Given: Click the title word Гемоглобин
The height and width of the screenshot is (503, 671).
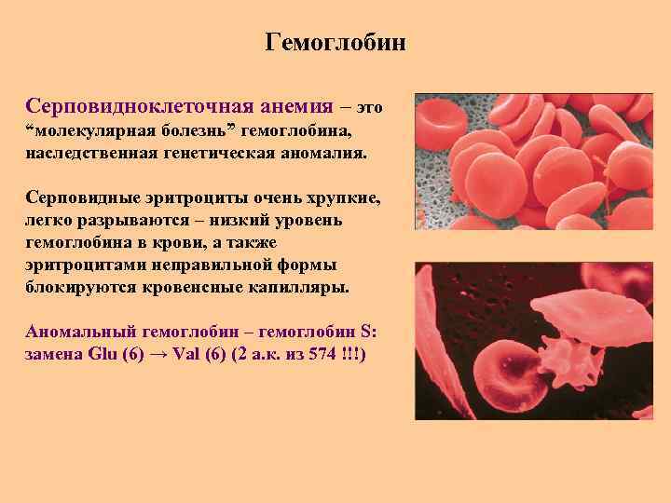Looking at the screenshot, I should pyautogui.click(x=335, y=43).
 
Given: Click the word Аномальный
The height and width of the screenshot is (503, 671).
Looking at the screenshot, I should pyautogui.click(x=81, y=333).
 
